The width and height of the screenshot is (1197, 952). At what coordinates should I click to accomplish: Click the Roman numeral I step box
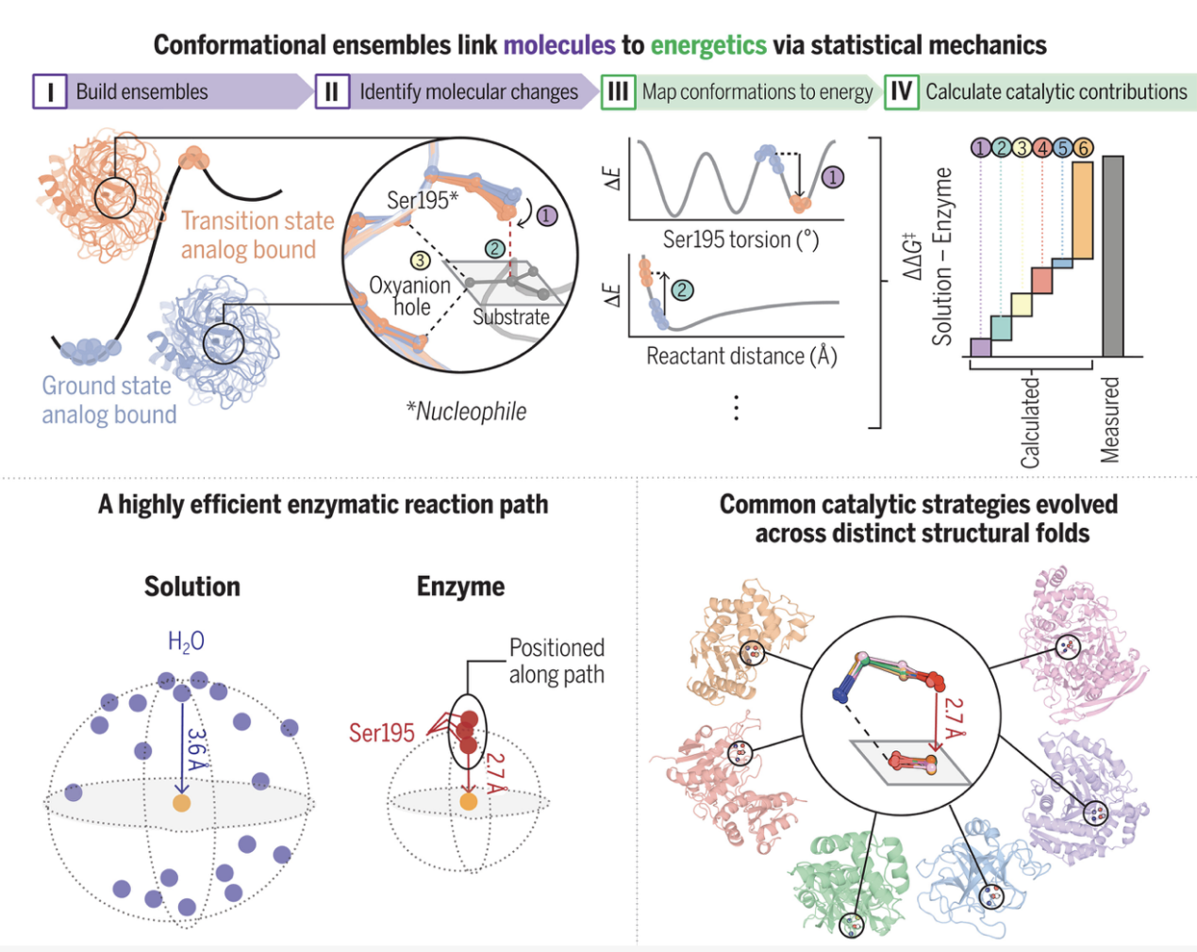click(49, 91)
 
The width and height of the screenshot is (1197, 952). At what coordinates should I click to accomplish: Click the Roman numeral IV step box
click(901, 91)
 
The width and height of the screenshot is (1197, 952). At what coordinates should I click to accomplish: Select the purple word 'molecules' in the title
click(559, 45)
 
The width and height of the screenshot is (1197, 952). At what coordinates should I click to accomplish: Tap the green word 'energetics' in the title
click(708, 46)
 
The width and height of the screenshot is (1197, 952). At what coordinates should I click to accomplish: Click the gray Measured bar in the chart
click(1113, 256)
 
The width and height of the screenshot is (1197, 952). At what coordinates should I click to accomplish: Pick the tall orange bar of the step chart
click(1083, 210)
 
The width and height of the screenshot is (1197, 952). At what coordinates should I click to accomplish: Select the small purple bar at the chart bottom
click(981, 348)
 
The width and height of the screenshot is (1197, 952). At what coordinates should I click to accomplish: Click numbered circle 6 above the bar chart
click(1083, 148)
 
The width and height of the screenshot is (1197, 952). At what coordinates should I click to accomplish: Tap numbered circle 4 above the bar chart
click(1042, 148)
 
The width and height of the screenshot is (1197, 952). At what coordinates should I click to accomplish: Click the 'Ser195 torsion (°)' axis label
click(740, 240)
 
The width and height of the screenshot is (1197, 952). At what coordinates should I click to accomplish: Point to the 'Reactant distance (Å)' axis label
click(741, 355)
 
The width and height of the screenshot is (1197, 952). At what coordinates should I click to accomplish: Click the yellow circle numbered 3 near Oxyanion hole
click(420, 260)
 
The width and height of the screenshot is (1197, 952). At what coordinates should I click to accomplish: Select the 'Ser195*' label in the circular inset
click(423, 200)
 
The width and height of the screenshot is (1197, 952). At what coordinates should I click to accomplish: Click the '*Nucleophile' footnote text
click(466, 412)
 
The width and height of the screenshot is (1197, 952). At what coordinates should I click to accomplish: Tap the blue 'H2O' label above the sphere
click(187, 641)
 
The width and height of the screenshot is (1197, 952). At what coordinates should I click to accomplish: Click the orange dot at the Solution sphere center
click(181, 803)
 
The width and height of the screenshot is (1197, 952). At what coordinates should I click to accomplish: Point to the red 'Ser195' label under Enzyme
click(382, 733)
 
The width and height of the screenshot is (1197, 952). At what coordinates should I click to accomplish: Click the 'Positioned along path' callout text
click(557, 662)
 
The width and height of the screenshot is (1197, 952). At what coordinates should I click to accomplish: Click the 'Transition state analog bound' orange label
click(258, 235)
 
